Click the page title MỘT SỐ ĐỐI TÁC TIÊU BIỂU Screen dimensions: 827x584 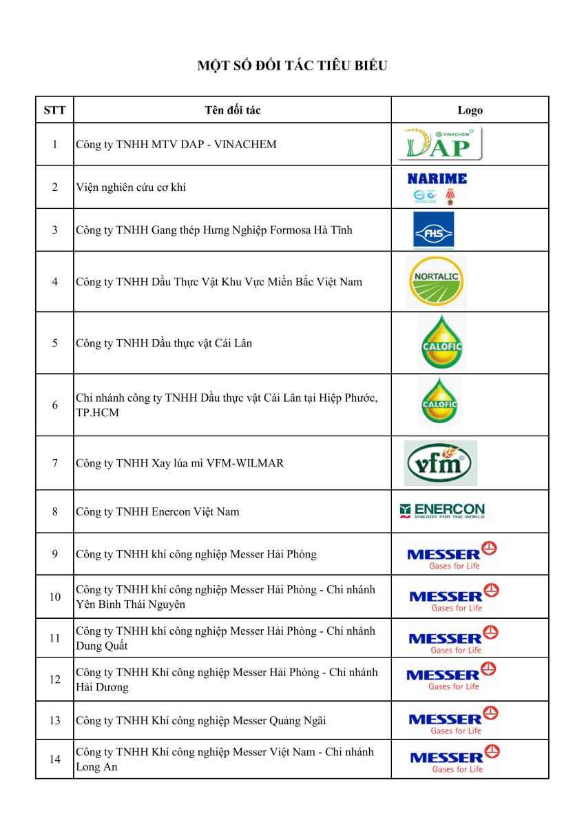tap(292, 66)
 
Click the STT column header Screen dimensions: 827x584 tap(54, 110)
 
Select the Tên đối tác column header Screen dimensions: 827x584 tap(232, 110)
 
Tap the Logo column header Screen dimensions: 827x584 tap(470, 110)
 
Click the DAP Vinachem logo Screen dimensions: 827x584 tap(442, 143)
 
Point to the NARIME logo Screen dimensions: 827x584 tap(437, 187)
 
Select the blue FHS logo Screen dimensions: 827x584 tap(433, 229)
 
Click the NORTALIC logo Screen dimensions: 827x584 tap(435, 281)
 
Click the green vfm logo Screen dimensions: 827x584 tap(440, 463)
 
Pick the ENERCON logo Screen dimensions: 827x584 tap(442, 511)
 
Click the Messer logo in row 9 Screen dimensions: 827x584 tap(452, 555)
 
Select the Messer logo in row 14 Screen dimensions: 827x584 tap(455, 759)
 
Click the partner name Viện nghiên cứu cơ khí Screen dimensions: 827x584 tap(131, 187)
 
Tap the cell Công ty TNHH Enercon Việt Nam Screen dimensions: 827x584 tap(158, 511)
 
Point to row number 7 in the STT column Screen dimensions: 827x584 tap(54, 463)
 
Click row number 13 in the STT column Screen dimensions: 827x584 tap(54, 721)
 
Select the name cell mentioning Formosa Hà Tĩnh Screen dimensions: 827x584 tap(213, 230)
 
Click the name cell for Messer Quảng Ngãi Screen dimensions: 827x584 tap(200, 721)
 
